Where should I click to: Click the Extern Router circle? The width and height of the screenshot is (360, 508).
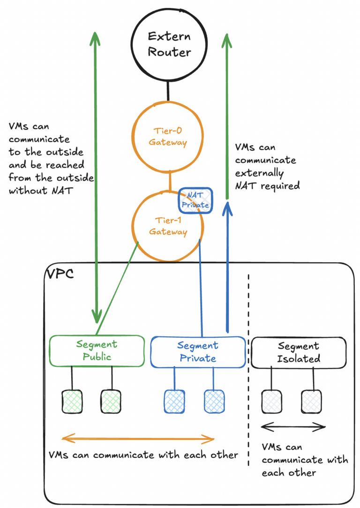tap(168, 44)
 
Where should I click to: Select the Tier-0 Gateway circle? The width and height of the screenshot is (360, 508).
tap(168, 136)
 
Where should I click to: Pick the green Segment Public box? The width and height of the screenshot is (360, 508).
tap(97, 351)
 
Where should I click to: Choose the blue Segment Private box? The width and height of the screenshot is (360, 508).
tap(197, 352)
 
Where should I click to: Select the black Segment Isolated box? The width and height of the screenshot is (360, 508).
tap(299, 353)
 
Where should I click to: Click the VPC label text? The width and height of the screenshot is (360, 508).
tap(60, 274)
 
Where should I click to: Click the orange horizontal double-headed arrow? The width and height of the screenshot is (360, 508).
tap(138, 439)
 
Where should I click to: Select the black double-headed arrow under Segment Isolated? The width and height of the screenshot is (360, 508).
tap(293, 426)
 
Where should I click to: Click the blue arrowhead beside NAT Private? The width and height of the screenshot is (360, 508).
tap(227, 207)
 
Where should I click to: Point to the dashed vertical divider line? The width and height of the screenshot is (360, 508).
tap(248, 375)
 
